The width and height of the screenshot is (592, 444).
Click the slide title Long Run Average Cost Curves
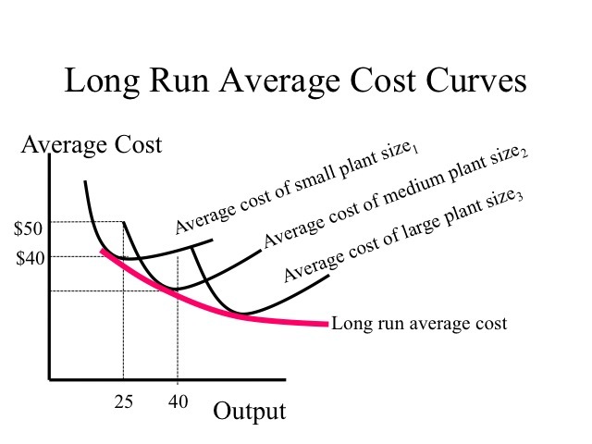(x=295, y=81)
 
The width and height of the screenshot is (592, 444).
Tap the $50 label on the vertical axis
(x=28, y=229)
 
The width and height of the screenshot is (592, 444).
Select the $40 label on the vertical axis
(x=28, y=258)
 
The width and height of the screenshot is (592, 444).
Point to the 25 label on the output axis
(x=124, y=401)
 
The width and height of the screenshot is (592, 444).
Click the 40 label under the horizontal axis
(x=178, y=401)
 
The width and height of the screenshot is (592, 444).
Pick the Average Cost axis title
(x=91, y=145)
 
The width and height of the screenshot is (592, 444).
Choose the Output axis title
(x=249, y=411)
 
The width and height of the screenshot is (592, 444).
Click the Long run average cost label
(x=419, y=324)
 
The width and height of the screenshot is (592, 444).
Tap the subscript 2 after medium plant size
(x=524, y=154)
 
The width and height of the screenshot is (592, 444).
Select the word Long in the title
(x=98, y=81)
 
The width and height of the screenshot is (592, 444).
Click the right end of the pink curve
(x=327, y=325)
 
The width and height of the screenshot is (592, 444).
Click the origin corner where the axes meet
(x=50, y=379)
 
